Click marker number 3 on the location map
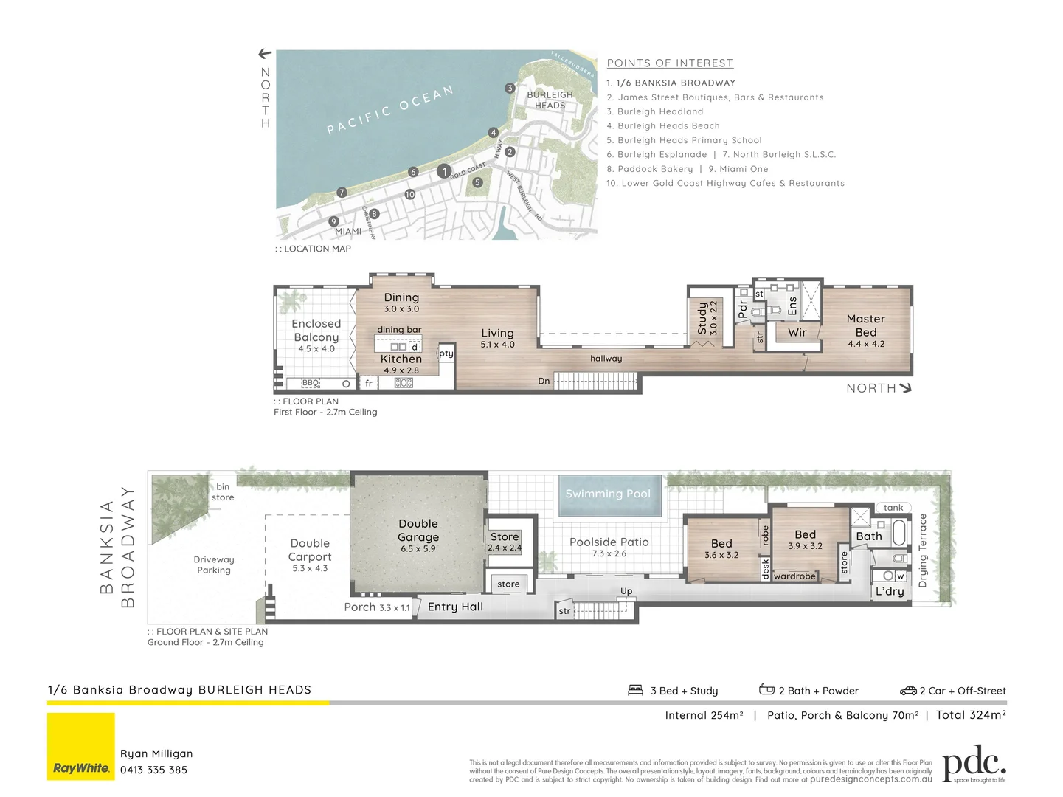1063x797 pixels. (510, 89)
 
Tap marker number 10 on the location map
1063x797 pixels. (410, 195)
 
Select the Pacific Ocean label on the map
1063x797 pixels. (389, 111)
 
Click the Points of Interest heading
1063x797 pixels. (670, 63)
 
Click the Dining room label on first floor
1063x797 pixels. (401, 297)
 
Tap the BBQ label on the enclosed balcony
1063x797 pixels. (311, 383)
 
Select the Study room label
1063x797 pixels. (702, 317)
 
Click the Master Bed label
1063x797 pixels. (865, 325)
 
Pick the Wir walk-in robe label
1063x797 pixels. (797, 333)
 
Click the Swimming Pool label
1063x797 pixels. (608, 494)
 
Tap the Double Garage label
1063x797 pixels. (418, 531)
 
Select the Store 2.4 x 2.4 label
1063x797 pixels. (505, 542)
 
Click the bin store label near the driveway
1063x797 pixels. (223, 492)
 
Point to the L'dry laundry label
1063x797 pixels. (890, 591)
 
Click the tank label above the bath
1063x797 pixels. (893, 508)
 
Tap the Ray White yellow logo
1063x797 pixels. (81, 746)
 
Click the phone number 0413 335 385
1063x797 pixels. (153, 770)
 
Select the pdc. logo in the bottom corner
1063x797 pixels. (974, 763)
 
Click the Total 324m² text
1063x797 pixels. (971, 714)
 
